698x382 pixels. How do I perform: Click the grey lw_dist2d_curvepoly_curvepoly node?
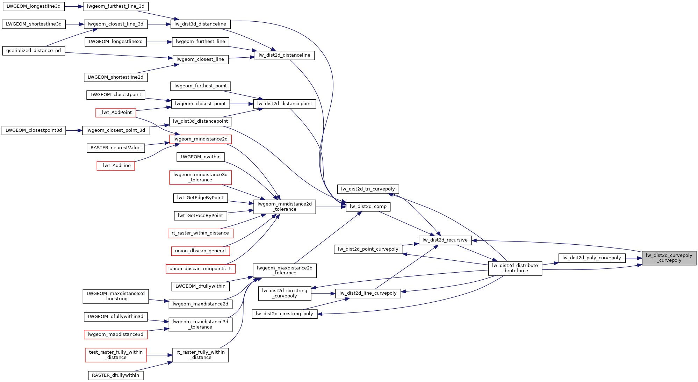[x=669, y=258]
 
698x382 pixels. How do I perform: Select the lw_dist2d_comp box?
[x=368, y=207]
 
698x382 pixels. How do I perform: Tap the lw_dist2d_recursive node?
[x=445, y=240]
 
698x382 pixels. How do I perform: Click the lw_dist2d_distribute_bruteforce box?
[x=515, y=268]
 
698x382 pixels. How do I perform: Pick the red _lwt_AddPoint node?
[x=116, y=113]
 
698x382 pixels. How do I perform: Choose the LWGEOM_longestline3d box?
[x=34, y=6]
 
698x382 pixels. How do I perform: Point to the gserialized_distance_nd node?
[x=34, y=51]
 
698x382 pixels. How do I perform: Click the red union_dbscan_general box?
[x=200, y=251]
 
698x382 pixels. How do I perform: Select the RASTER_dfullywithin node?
[x=115, y=375]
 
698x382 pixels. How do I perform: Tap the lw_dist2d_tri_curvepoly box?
[x=368, y=189]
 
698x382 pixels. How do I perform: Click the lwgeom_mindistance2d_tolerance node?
[x=285, y=207]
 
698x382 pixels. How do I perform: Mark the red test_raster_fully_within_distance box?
[x=116, y=355]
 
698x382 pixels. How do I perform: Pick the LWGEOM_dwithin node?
[x=201, y=157]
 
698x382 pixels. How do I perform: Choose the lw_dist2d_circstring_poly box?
[x=285, y=314]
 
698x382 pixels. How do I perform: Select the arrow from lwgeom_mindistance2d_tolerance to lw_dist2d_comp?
[x=331, y=207]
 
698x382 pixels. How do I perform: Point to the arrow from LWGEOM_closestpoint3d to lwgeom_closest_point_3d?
[x=74, y=130]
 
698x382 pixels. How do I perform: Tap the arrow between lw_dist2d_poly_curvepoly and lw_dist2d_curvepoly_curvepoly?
[x=634, y=258]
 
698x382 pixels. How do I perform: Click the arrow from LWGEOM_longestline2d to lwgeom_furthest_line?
[x=159, y=42]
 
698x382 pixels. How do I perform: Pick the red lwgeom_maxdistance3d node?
[x=116, y=334]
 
